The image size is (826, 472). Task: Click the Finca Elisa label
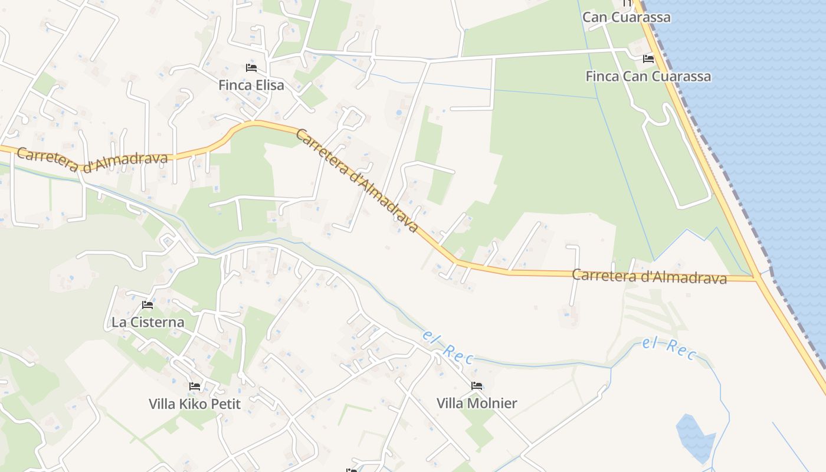tap(251, 85)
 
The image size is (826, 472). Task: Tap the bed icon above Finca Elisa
tap(251, 67)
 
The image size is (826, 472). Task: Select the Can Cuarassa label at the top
tap(626, 17)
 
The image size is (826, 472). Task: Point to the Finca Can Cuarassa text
tap(648, 76)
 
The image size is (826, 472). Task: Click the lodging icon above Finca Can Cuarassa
tap(648, 58)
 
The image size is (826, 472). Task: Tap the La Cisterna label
tap(147, 322)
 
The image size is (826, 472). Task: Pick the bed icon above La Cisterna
tap(147, 305)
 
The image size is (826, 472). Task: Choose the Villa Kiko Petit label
tap(195, 404)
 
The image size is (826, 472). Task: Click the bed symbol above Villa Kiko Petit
tap(195, 386)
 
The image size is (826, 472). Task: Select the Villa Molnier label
tap(477, 404)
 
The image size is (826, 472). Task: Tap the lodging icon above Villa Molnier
tap(477, 386)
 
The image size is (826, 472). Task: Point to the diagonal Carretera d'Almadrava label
tap(357, 180)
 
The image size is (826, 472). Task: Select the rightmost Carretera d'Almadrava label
tap(649, 276)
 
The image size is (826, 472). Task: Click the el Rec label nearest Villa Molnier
tap(448, 346)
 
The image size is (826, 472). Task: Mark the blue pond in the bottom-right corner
tap(694, 437)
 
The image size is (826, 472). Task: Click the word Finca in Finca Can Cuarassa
tap(602, 76)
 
